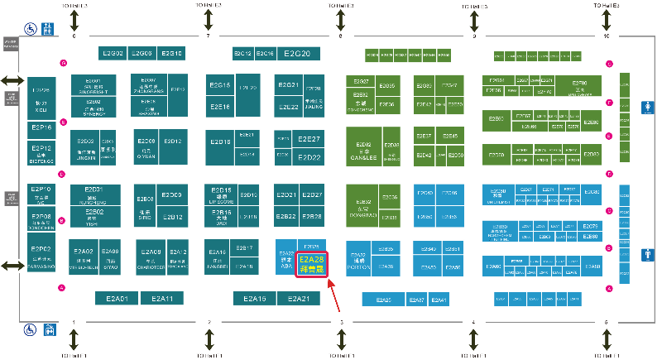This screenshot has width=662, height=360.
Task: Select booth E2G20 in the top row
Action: point(296,54)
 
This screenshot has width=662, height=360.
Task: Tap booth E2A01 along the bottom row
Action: point(112,298)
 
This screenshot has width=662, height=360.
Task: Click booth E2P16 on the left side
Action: point(41,127)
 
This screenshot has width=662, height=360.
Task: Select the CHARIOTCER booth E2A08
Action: point(149,259)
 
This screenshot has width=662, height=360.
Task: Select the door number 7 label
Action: point(208,36)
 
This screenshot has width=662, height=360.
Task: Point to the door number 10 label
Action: point(607,36)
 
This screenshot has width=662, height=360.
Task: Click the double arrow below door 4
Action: point(473,340)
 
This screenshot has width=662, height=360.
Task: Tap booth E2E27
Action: point(309,139)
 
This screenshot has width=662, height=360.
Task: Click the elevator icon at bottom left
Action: point(49,330)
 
